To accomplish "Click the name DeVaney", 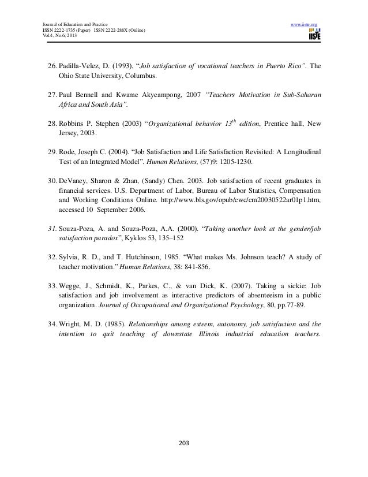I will click(x=73, y=178).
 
